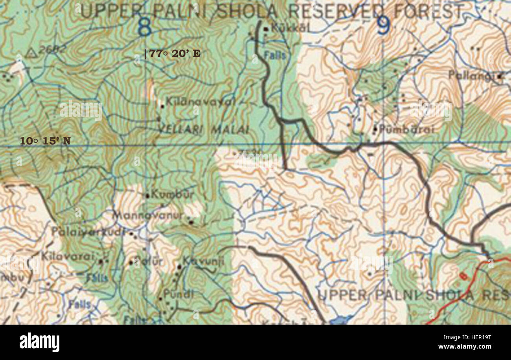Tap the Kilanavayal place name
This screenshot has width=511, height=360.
(x=200, y=102)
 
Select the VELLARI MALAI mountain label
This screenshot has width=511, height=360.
(x=204, y=129)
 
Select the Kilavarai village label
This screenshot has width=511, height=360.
(x=68, y=257)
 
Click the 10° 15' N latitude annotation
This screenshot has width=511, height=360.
(x=45, y=141)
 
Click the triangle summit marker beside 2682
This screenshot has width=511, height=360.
(x=31, y=53)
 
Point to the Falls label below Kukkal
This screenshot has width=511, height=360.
(x=275, y=55)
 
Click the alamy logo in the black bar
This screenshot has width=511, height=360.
(x=39, y=342)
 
